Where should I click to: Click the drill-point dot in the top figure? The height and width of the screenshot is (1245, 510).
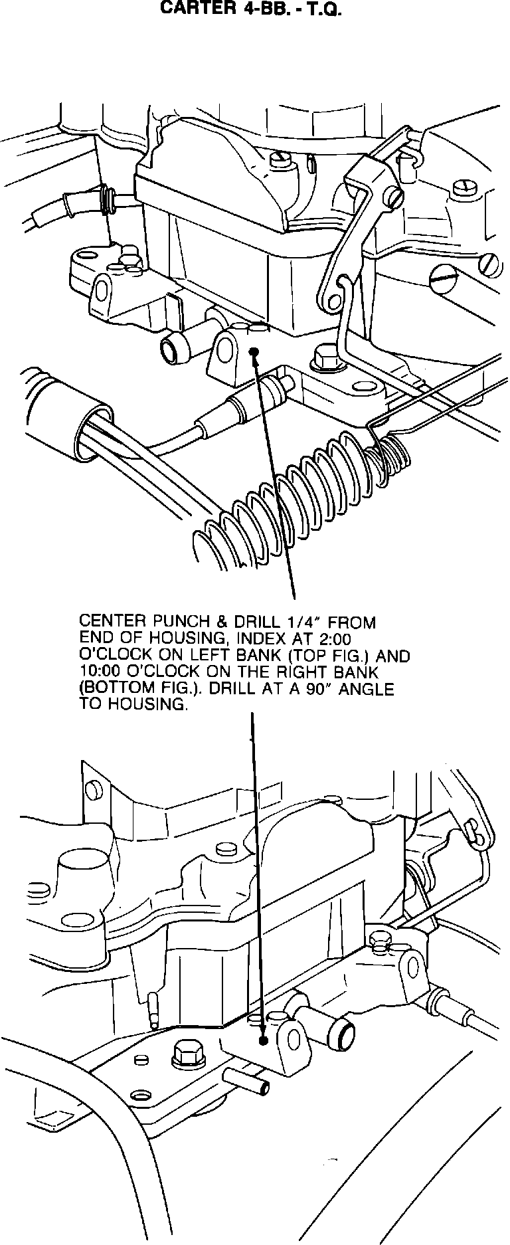click(x=254, y=352)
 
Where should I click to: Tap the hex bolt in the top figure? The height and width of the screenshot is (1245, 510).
click(x=323, y=359)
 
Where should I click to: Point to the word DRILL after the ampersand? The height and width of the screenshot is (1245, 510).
click(x=254, y=622)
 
